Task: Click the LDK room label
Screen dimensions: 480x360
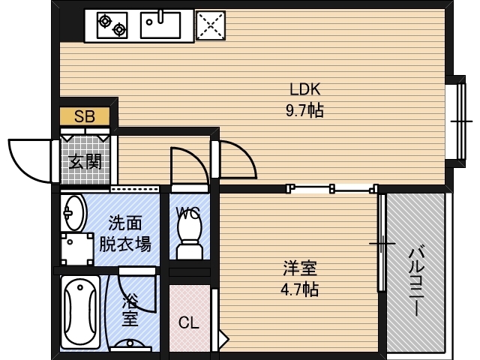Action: tap(305, 89)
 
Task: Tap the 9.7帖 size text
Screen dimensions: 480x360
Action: tap(304, 110)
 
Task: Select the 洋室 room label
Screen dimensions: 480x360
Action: tap(300, 268)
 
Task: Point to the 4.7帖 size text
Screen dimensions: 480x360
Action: tap(300, 289)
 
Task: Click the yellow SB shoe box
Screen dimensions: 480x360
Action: tap(85, 116)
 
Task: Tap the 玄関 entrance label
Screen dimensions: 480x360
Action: tap(85, 161)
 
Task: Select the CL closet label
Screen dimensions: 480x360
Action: tap(189, 322)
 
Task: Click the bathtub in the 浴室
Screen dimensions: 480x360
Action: tap(80, 312)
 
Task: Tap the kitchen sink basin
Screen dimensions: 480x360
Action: tap(160, 25)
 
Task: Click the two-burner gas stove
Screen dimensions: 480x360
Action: tap(112, 25)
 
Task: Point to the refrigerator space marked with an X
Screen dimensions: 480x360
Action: tap(211, 25)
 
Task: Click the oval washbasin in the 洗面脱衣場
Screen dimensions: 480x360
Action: tap(73, 212)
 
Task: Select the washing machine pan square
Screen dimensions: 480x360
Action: tap(77, 249)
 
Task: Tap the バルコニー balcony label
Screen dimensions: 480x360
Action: tap(417, 280)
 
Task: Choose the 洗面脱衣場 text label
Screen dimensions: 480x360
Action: tap(125, 233)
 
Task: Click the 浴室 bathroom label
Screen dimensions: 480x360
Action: tap(130, 310)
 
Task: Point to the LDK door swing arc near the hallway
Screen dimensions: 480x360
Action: tap(238, 159)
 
